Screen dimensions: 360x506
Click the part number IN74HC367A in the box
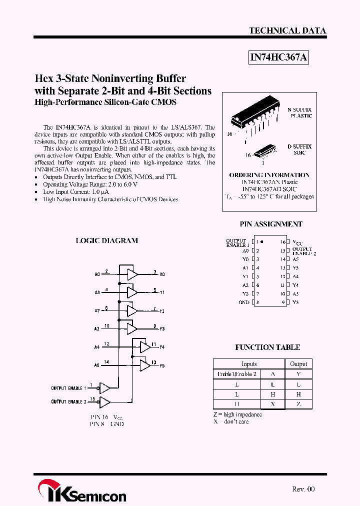279,58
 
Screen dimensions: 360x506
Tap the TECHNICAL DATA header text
287,30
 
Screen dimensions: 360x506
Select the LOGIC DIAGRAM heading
106,240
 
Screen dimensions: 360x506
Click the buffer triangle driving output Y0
132,274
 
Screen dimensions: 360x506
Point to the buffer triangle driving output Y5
144,365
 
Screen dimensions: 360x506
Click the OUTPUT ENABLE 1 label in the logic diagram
68,388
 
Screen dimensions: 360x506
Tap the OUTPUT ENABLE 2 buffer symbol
105,401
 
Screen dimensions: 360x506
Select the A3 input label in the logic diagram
97,329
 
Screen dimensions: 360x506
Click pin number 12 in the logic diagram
106,344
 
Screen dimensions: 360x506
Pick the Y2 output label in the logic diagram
162,311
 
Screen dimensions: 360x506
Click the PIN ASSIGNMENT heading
271,224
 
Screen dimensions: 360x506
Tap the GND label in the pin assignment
243,302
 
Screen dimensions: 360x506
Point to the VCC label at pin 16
297,242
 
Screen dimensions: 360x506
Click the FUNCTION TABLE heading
267,347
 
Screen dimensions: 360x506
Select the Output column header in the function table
298,364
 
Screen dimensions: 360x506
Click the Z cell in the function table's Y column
298,404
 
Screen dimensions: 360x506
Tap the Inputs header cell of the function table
249,364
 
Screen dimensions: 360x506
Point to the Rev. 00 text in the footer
303,489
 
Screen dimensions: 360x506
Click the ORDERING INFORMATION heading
269,175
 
